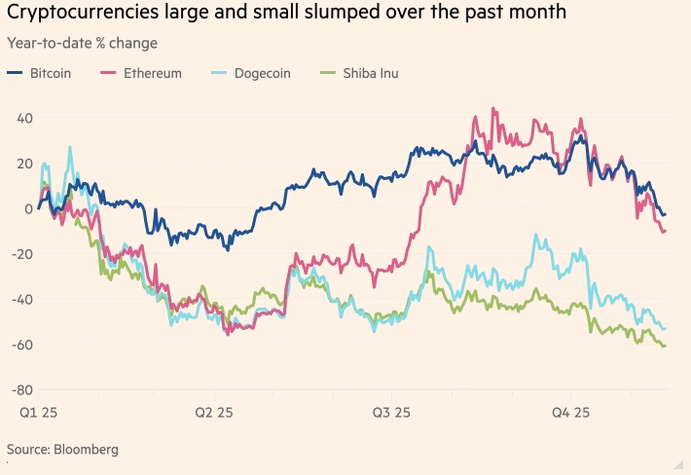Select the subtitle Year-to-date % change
(x=81, y=44)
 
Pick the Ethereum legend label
(x=152, y=73)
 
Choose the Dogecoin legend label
(x=260, y=73)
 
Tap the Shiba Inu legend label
(x=369, y=73)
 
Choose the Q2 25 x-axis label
(x=215, y=413)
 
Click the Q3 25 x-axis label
(x=393, y=413)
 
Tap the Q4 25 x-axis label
(x=572, y=413)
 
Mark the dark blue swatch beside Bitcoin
(x=14, y=73)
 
